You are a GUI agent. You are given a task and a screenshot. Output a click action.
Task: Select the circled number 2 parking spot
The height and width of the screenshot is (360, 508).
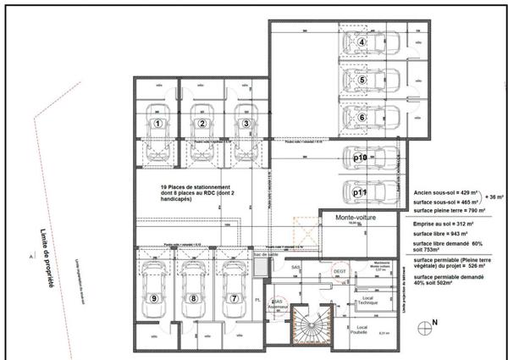[202, 124]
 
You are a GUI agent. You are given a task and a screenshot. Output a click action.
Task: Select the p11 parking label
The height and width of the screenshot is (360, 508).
[359, 193]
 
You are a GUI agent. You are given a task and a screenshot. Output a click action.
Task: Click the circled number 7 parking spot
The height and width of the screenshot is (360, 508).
[233, 298]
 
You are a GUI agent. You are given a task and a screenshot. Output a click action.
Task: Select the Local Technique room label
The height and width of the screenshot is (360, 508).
[368, 300]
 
